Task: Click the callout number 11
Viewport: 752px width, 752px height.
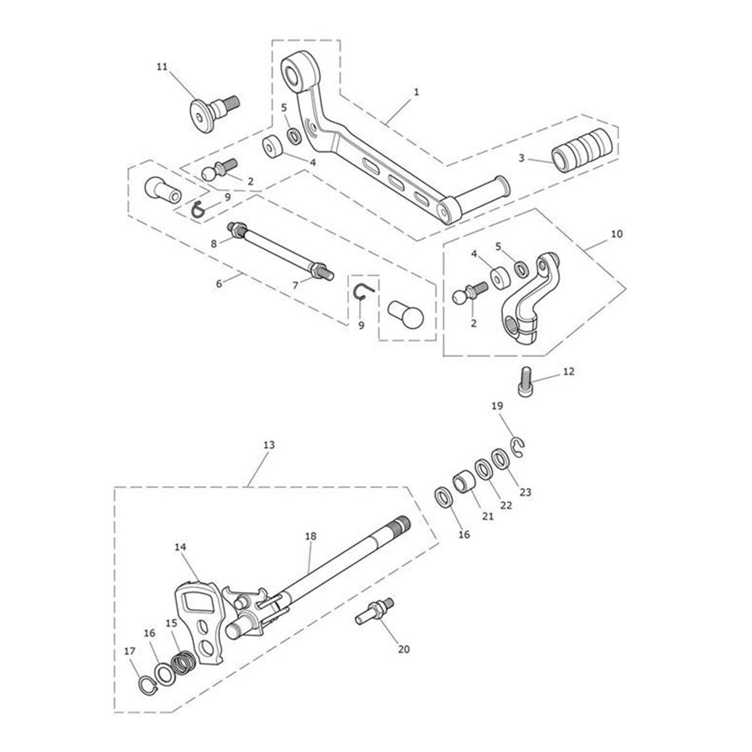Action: [x=162, y=67]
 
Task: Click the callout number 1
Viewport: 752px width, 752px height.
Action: [x=416, y=91]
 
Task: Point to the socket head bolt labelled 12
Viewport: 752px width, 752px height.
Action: [x=526, y=383]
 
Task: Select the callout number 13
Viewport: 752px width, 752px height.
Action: [x=268, y=445]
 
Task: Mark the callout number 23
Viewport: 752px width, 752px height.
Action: [x=525, y=493]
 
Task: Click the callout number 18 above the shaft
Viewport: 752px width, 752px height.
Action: [x=311, y=536]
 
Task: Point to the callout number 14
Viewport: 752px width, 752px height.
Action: [x=180, y=547]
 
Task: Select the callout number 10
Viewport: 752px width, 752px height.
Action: [x=617, y=234]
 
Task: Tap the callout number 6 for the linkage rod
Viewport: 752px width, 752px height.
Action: [x=219, y=283]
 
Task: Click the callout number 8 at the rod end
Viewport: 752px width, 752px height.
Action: [x=214, y=243]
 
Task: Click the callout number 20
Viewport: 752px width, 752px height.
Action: [x=404, y=649]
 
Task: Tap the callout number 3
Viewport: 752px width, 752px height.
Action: [x=521, y=159]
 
